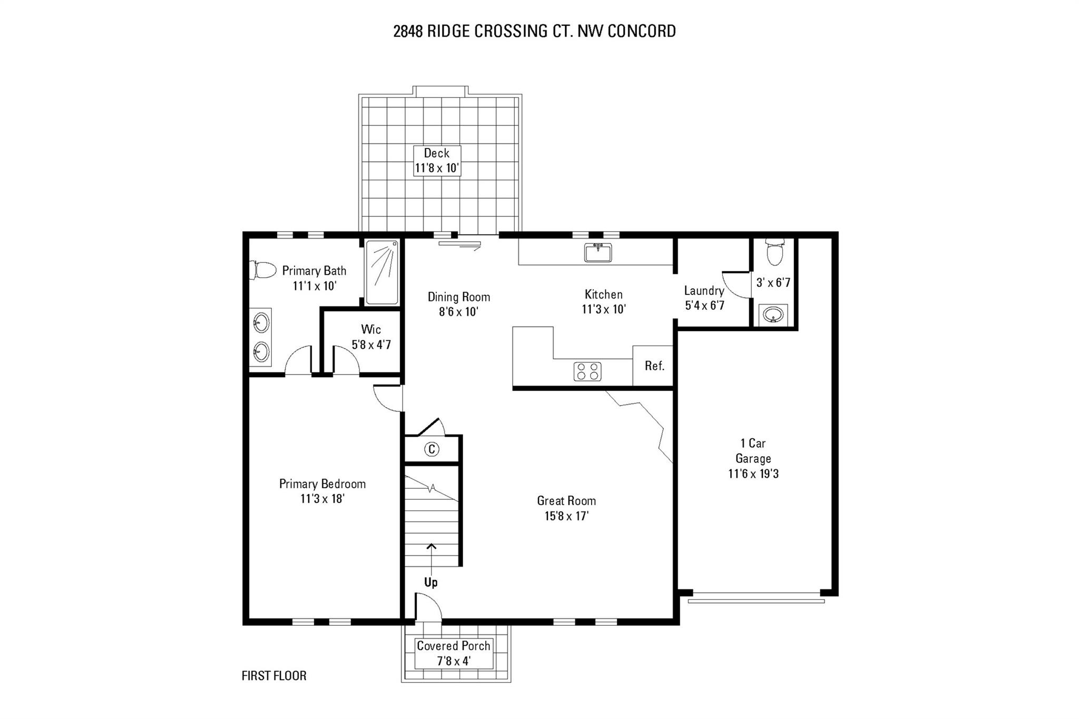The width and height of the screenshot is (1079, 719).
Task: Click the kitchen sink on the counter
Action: point(598,253)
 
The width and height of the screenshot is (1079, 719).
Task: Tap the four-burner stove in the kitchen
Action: point(587,371)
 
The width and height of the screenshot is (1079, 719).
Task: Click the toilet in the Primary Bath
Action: point(263,270)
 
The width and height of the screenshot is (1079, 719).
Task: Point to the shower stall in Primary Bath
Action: point(382,272)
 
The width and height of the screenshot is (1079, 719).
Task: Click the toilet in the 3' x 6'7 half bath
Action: point(774,252)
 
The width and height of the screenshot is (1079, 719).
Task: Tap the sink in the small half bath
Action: point(773,315)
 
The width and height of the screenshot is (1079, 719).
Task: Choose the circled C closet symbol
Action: point(431,449)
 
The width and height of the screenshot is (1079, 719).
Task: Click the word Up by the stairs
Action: point(431,582)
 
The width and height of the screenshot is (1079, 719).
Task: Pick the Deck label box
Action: point(437,161)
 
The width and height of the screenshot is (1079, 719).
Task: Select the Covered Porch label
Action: point(454,646)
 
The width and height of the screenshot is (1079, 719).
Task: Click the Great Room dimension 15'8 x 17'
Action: point(566,516)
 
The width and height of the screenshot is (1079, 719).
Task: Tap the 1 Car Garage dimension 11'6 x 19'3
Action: point(753,474)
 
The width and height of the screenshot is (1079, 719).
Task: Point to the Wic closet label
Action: point(371,330)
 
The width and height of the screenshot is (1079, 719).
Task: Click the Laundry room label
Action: point(704,291)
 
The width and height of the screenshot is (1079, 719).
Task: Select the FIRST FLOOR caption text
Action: point(274,676)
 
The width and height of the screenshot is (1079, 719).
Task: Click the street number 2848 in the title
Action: point(408,31)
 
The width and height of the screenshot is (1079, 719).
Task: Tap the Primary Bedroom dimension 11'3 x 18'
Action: point(322,498)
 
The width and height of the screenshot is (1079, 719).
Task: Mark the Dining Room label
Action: point(459,297)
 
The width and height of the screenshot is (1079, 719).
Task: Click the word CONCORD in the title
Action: point(642,31)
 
